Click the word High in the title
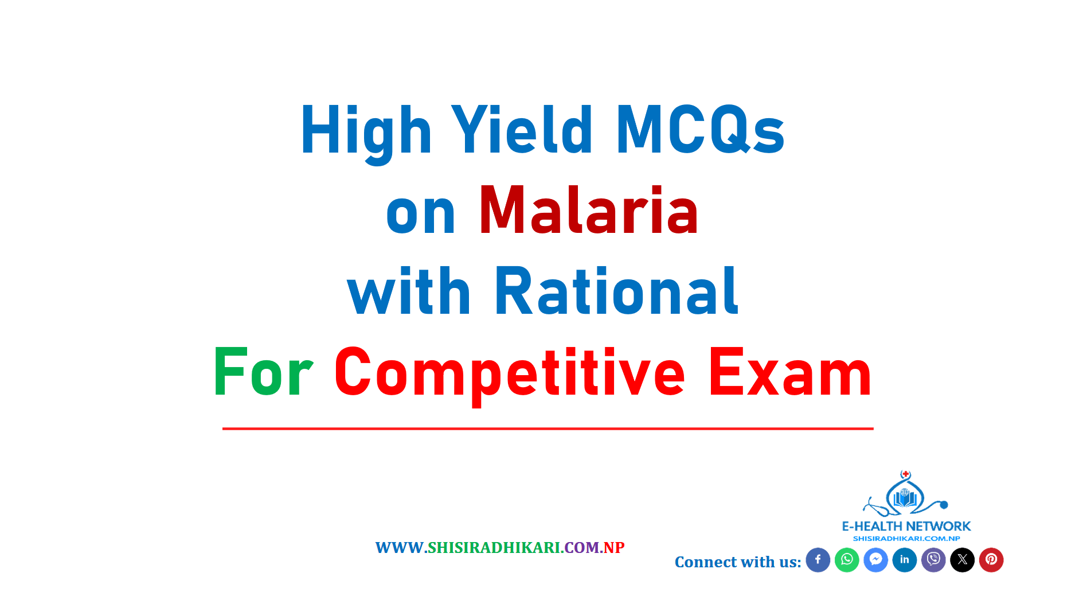pyautogui.click(x=366, y=131)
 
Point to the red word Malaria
pyautogui.click(x=589, y=210)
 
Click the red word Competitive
pyautogui.click(x=510, y=375)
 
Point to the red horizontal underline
pyautogui.click(x=548, y=428)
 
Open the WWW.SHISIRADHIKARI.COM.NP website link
pyautogui.click(x=500, y=548)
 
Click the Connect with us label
pyautogui.click(x=738, y=562)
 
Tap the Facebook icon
pyautogui.click(x=818, y=560)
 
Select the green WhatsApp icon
pyautogui.click(x=847, y=560)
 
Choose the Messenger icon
pyautogui.click(x=876, y=560)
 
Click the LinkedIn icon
pyautogui.click(x=905, y=560)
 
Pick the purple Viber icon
pyautogui.click(x=933, y=560)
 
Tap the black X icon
pyautogui.click(x=963, y=560)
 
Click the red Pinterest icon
pyautogui.click(x=991, y=560)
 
